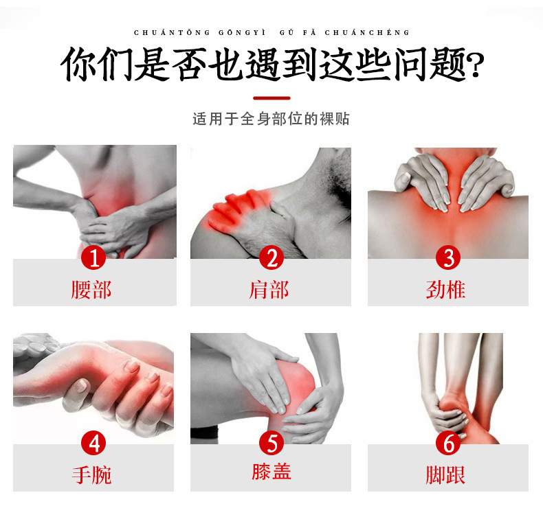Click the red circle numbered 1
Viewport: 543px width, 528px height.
94,258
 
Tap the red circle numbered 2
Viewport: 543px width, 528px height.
271,258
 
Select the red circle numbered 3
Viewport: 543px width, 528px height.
449,258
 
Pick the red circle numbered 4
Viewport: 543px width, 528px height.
94,443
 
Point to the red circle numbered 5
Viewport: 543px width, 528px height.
271,443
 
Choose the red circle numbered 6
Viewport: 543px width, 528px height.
449,443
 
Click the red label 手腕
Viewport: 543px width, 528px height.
91,474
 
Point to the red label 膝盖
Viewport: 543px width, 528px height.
271,471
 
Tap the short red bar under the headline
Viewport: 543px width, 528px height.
271,97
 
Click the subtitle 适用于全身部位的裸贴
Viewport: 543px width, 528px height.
271,119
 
